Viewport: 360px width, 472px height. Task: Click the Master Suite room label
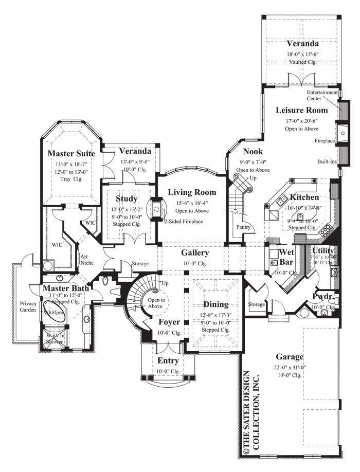click(69, 153)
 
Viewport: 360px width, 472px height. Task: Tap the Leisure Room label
click(301, 110)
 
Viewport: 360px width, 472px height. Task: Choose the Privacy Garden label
click(28, 307)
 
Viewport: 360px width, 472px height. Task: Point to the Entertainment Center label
click(322, 95)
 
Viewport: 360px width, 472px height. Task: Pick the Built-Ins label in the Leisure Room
click(327, 161)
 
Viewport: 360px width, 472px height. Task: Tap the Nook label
click(253, 152)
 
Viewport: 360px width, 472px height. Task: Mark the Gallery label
click(195, 253)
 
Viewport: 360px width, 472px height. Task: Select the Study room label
click(126, 198)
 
